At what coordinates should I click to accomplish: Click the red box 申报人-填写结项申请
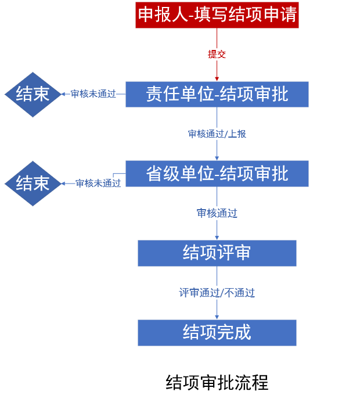click(x=217, y=14)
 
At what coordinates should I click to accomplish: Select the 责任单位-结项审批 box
click(x=217, y=94)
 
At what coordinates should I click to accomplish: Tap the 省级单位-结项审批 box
click(x=217, y=173)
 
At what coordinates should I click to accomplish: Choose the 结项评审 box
click(x=217, y=253)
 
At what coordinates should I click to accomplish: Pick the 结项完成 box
click(x=217, y=332)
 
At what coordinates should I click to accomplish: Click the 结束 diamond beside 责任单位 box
click(x=33, y=94)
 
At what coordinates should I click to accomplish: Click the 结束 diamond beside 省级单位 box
click(x=33, y=183)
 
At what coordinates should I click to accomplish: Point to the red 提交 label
click(x=217, y=54)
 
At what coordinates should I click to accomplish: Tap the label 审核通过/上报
click(x=217, y=134)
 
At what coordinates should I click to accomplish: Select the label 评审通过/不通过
click(x=217, y=293)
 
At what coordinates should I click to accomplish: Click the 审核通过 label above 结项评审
click(x=217, y=213)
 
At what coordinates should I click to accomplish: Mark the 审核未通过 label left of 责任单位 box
click(x=93, y=94)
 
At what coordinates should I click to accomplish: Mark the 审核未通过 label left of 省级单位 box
click(x=98, y=184)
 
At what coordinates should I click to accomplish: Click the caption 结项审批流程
click(x=217, y=383)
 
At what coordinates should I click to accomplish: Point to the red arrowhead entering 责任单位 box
click(x=217, y=78)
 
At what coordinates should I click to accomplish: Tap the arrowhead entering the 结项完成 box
click(x=217, y=317)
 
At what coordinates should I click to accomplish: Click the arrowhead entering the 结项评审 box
click(x=217, y=238)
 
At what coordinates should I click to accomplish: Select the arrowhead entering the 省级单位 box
click(x=217, y=158)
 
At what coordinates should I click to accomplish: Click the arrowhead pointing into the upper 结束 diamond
click(x=64, y=94)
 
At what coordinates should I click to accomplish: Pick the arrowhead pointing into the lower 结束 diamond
click(x=64, y=184)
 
